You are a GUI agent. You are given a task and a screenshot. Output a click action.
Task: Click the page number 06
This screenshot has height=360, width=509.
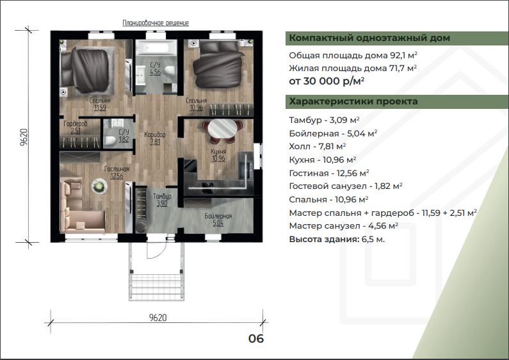coord(256,339)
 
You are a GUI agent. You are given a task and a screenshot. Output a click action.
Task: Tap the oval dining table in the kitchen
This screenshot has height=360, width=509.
coord(222,129)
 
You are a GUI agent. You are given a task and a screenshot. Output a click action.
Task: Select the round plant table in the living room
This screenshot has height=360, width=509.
coord(99,186)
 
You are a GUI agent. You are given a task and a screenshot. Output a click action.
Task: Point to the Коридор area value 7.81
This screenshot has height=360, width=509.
coord(155,142)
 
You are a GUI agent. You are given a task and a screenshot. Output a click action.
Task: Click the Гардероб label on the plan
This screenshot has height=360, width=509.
coord(76,124)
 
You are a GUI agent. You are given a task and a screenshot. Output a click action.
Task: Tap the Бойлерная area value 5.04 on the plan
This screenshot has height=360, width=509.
coord(218,223)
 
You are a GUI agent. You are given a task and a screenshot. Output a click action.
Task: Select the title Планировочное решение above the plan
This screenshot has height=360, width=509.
coord(156,23)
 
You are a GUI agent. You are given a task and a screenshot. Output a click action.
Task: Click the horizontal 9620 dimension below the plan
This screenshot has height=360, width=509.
coord(158,318)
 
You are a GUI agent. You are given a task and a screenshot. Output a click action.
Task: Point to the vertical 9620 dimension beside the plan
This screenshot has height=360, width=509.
coord(24,137)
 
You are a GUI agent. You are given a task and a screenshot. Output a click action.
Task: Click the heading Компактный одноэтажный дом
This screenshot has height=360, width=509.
coord(369,38)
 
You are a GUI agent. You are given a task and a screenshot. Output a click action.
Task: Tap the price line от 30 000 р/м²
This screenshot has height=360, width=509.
coord(327,81)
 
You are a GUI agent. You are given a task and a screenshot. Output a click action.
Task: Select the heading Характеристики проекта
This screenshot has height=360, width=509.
coord(353,101)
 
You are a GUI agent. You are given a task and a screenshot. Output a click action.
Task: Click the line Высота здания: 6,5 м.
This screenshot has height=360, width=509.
coord(337,240)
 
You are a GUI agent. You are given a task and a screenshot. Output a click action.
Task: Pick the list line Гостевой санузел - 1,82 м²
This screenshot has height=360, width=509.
coord(346,186)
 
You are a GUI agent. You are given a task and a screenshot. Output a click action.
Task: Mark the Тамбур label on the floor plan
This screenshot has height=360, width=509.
coord(162,196)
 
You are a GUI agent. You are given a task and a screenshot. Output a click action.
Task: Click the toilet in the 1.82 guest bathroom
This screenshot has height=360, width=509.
coord(110,141)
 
